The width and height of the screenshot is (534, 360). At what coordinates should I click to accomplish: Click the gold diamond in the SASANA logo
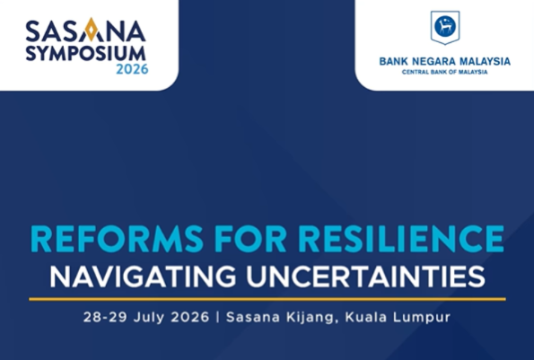pyautogui.click(x=91, y=30)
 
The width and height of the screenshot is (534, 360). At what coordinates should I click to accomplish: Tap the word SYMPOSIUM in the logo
pyautogui.click(x=86, y=54)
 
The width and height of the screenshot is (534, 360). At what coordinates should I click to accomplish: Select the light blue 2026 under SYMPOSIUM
pyautogui.click(x=132, y=69)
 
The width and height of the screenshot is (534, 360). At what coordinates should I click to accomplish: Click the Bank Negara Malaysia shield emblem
pyautogui.click(x=445, y=28)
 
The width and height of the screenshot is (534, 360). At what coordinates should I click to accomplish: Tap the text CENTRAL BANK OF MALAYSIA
pyautogui.click(x=445, y=72)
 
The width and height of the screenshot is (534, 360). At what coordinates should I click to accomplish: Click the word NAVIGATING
pyautogui.click(x=143, y=277)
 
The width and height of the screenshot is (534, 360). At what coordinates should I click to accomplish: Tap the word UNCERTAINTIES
pyautogui.click(x=366, y=277)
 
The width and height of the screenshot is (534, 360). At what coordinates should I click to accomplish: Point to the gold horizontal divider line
pyautogui.click(x=267, y=299)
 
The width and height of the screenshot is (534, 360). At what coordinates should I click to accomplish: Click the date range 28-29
pyautogui.click(x=105, y=317)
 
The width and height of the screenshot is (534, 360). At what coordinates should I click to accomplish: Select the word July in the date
pyautogui.click(x=149, y=318)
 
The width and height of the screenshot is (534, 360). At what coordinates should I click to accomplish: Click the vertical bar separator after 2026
pyautogui.click(x=218, y=317)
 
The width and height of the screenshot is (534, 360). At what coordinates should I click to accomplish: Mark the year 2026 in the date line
pyautogui.click(x=190, y=317)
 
